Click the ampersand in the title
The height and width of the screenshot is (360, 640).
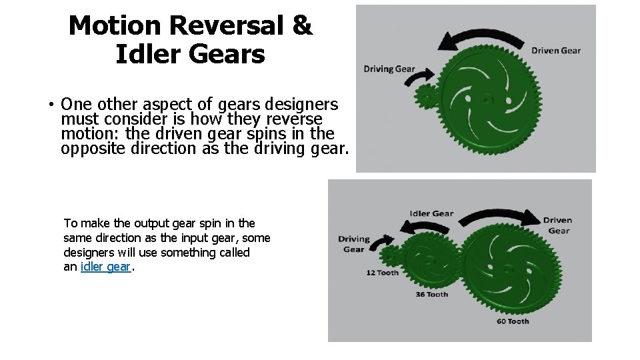[x=302, y=26]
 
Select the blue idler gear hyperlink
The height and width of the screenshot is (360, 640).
[x=105, y=267]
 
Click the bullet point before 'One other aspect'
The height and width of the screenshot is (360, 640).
[x=50, y=105]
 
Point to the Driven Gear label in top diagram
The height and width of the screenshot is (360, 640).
[x=555, y=51]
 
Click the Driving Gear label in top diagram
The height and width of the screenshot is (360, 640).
[x=389, y=69]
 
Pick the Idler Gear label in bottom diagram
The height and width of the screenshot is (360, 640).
[x=431, y=214]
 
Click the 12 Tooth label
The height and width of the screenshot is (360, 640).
[x=382, y=273]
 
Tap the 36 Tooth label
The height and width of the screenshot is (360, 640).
[x=432, y=295]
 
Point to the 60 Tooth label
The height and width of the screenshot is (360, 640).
[x=513, y=321]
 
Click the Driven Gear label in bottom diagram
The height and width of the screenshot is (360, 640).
[x=557, y=225]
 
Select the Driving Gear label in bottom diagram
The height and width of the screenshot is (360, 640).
[x=353, y=244]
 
